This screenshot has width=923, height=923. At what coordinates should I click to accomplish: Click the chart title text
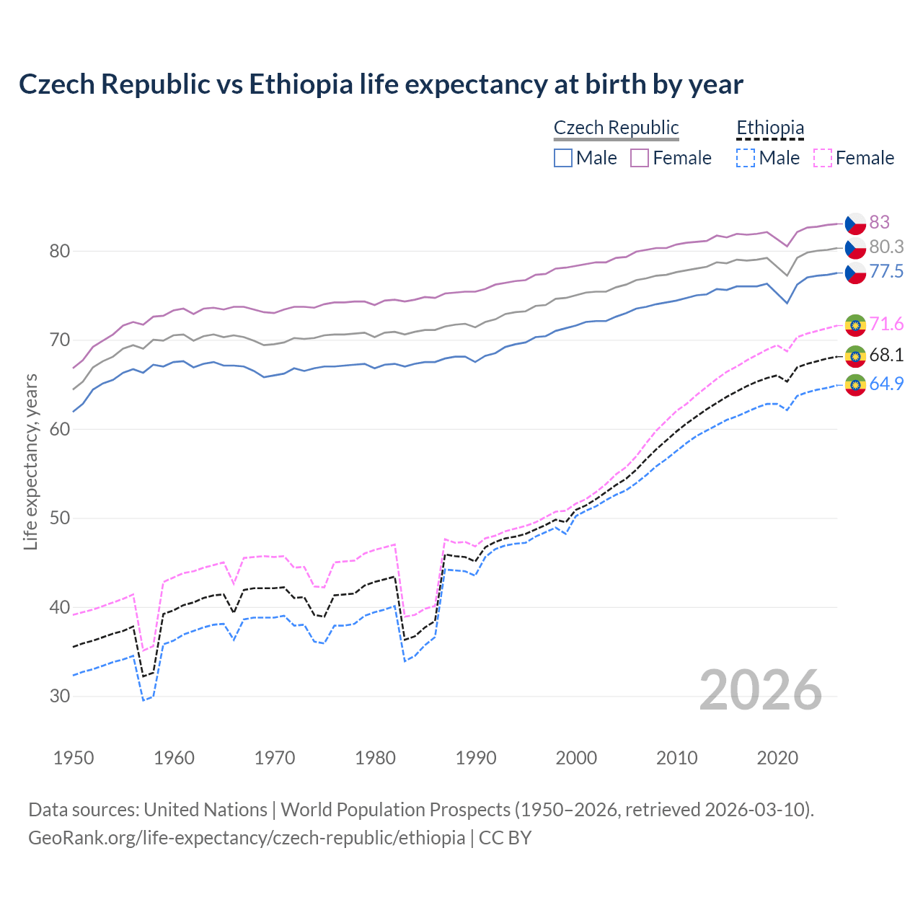coord(381,84)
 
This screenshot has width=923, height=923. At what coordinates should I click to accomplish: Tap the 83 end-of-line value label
coord(879,222)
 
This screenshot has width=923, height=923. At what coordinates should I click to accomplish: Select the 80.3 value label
coord(886,247)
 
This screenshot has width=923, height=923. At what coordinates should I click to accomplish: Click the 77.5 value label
coord(886,271)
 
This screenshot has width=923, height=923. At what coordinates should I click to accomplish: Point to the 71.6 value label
coord(886,324)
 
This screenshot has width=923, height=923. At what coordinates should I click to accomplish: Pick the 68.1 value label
coord(886,355)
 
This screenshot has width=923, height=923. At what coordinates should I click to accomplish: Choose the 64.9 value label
coord(886,384)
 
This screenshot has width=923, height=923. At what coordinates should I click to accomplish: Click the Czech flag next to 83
coord(855,223)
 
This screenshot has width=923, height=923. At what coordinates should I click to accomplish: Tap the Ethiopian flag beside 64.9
coord(855,385)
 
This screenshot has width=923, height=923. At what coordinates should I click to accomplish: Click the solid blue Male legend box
coord(563,158)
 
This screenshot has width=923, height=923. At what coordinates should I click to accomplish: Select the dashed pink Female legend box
coord(823,158)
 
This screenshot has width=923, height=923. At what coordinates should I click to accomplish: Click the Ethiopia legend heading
coord(769,128)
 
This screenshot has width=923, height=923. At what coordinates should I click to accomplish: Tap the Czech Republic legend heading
coord(617,128)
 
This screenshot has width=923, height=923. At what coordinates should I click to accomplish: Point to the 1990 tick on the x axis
coord(476,758)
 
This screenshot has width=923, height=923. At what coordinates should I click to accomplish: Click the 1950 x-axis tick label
coord(74,758)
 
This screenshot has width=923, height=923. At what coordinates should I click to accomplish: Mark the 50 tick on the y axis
coord(60,518)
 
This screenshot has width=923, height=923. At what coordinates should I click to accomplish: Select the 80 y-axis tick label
coord(60,252)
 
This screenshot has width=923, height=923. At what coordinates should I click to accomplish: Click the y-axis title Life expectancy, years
coord(31,461)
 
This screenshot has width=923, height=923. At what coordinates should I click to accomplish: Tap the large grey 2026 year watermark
coord(761,690)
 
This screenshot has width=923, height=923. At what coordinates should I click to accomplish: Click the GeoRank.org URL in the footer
coord(247,838)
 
